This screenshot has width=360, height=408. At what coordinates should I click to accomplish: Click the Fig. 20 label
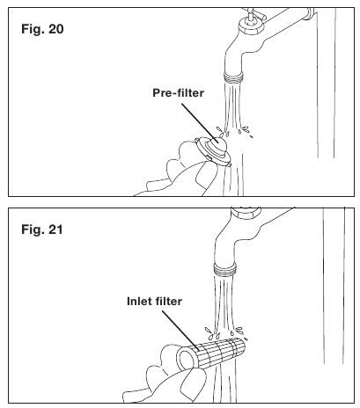[x=42, y=29]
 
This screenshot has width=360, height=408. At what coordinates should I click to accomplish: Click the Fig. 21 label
[x=42, y=229]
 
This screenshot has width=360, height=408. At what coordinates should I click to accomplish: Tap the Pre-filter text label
[x=178, y=93]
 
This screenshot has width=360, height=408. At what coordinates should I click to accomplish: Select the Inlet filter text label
[x=154, y=302]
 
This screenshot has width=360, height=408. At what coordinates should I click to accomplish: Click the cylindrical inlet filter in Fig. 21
[x=211, y=353]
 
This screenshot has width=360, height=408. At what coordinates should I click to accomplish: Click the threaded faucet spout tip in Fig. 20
[x=233, y=76]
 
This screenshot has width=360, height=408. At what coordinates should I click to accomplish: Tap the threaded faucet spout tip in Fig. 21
[x=224, y=269]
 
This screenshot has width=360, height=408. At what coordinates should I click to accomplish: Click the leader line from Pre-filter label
[x=200, y=122]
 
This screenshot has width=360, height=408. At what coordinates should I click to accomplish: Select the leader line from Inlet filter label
[x=181, y=331]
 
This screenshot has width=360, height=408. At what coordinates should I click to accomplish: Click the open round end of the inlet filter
[x=186, y=359]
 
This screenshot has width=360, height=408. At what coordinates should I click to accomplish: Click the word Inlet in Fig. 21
[x=137, y=302]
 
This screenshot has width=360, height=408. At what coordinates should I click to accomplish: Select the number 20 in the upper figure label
[x=55, y=29]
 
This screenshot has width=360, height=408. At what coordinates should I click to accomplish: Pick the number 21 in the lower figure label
[x=55, y=229]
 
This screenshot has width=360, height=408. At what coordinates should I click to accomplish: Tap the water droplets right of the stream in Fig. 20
[x=246, y=131]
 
